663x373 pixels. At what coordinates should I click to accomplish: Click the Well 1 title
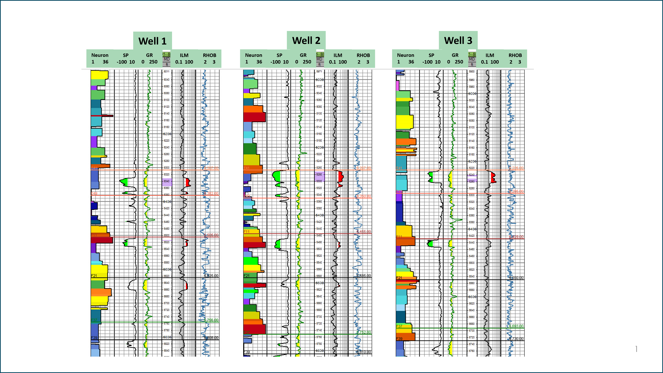coord(152,41)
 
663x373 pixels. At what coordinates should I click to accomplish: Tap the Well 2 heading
coord(306,41)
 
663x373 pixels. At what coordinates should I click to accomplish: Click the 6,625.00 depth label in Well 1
coord(211,276)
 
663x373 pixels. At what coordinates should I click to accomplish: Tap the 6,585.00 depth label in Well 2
coord(364,276)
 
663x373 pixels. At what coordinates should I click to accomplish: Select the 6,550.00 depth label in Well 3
coord(516,278)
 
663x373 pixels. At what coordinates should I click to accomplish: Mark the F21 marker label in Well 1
coord(94,276)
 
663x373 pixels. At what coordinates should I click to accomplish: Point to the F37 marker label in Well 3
coord(399,326)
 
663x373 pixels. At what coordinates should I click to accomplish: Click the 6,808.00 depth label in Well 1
coord(211,338)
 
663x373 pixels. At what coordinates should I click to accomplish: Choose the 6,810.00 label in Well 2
coord(364,352)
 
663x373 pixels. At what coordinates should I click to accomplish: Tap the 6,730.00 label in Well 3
coord(516,339)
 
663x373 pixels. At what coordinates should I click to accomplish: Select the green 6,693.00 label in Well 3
coord(516,326)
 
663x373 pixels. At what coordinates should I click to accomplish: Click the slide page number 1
coord(636,349)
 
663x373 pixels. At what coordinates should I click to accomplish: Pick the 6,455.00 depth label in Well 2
coord(364,232)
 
